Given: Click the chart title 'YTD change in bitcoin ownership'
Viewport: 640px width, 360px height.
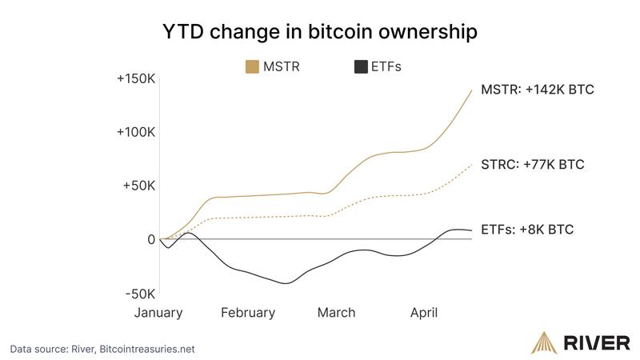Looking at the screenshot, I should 320,32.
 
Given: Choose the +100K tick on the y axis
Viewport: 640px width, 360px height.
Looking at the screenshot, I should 136,132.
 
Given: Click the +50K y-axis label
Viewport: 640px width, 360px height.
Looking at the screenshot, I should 139,186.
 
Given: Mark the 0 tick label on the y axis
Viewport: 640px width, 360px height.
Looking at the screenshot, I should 150,239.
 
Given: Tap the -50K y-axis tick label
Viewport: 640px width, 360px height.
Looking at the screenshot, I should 139,293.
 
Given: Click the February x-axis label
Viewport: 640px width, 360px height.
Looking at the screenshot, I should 248,313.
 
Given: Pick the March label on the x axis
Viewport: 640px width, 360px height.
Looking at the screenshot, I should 336,313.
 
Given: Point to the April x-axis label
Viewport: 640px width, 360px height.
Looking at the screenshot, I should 424,313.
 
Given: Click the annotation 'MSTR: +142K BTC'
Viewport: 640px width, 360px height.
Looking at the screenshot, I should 537,90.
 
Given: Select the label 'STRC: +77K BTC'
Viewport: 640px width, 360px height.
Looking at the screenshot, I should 532,165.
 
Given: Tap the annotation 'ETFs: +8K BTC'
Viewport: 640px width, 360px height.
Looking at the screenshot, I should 527,230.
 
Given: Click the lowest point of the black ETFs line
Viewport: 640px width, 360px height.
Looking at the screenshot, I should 286,283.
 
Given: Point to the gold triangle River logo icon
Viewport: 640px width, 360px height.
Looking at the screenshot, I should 543,342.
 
